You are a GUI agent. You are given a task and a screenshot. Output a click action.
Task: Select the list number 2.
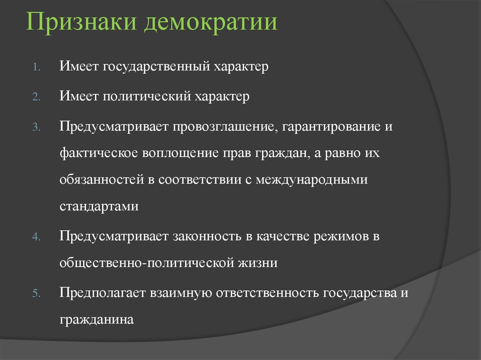point(37,98)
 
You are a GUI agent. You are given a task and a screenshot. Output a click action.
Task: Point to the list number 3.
point(37,128)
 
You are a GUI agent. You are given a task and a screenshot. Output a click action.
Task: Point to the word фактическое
point(98,154)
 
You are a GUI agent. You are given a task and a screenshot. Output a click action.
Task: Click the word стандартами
point(99,207)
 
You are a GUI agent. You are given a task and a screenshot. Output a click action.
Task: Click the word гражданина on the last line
point(97,320)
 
